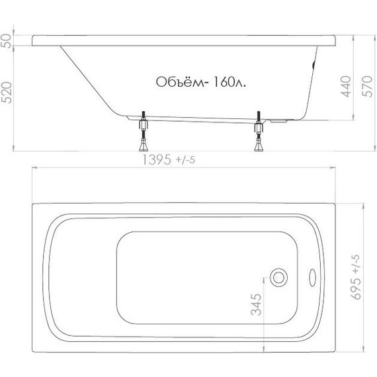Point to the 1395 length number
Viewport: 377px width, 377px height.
pos(157,159)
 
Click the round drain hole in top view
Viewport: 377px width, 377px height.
pos(281,276)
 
